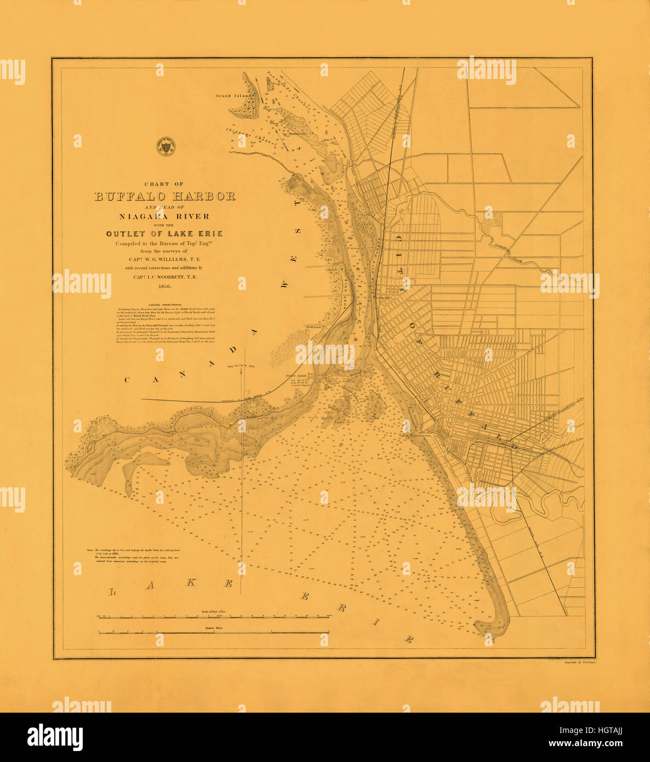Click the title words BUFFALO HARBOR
point(165,196)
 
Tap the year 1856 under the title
point(165,286)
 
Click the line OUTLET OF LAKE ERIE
point(165,234)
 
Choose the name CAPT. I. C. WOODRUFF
point(165,277)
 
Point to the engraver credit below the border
point(580,662)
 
